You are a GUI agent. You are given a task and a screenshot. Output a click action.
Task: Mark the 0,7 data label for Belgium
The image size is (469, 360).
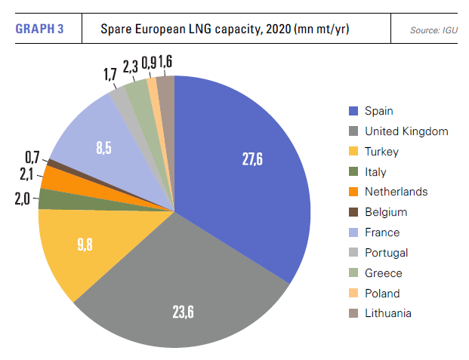[x=32, y=158]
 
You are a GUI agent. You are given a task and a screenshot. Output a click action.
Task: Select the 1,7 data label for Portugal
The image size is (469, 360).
[x=110, y=75]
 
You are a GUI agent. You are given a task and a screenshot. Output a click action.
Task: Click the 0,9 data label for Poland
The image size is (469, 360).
[x=149, y=63]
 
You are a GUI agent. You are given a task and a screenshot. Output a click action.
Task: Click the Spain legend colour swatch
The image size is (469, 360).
[x=353, y=111]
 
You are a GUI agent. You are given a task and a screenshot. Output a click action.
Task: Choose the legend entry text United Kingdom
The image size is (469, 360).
[x=406, y=131]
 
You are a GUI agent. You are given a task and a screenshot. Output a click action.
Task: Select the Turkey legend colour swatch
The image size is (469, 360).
[x=353, y=152]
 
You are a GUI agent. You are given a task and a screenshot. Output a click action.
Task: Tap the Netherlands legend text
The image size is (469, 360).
[x=396, y=192]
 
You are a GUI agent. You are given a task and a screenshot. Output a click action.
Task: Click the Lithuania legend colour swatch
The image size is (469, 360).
[x=353, y=313]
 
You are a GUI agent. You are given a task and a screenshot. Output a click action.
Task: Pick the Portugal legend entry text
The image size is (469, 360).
[x=386, y=253]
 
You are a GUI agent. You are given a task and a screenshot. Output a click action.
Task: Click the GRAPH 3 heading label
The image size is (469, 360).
[x=39, y=29]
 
